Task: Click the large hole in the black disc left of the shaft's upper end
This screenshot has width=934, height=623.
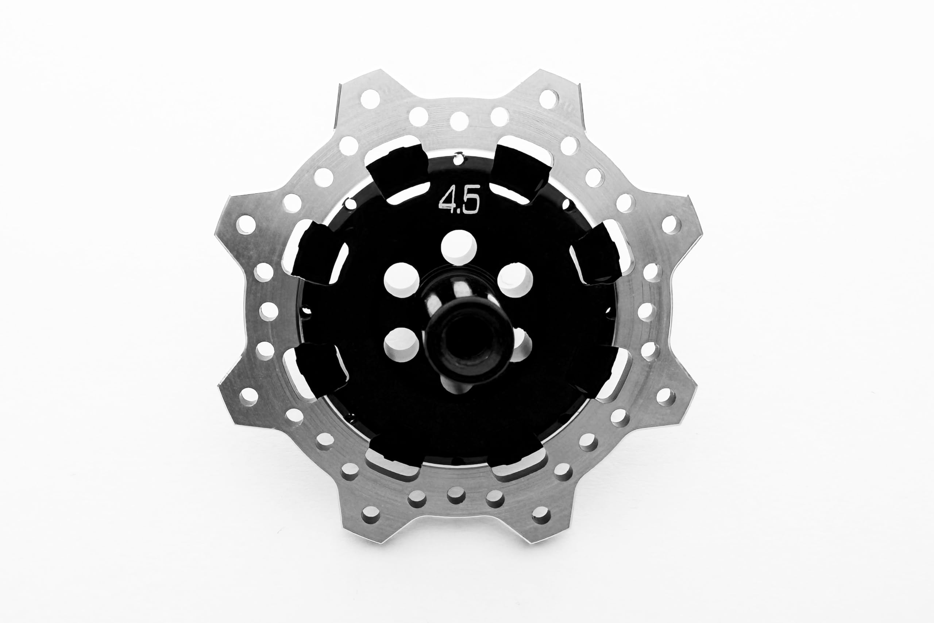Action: pyautogui.click(x=401, y=280)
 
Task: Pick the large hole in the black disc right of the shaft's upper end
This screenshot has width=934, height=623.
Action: pyautogui.click(x=515, y=280)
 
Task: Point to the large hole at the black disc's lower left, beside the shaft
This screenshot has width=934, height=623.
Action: pyautogui.click(x=401, y=345)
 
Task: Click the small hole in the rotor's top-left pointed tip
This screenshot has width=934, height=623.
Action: pyautogui.click(x=370, y=99)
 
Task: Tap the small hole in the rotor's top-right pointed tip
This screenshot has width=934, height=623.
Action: pyautogui.click(x=549, y=99)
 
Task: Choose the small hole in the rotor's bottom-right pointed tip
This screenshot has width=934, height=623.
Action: pyautogui.click(x=541, y=515)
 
